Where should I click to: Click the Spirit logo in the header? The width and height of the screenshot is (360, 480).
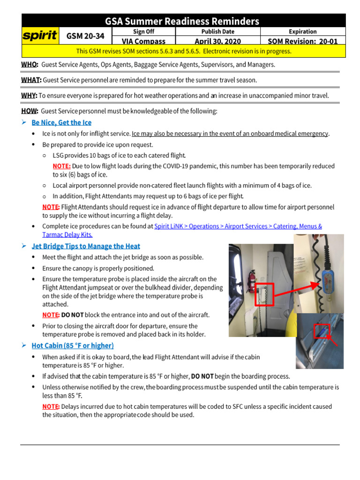(41, 36)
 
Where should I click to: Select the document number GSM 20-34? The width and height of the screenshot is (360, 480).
(86, 36)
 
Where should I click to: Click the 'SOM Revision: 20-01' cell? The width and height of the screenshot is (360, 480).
(302, 41)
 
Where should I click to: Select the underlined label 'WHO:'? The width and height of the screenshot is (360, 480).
(30, 64)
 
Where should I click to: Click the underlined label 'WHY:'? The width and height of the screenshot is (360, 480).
(29, 96)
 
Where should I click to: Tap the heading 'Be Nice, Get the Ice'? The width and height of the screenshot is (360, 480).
(61, 122)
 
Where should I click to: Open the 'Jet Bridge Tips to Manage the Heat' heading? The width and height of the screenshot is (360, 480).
(86, 246)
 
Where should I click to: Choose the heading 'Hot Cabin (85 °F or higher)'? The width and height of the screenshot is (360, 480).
(73, 346)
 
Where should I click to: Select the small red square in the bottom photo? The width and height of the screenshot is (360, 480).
(322, 330)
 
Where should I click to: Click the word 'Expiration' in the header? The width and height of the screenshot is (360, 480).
(302, 31)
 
